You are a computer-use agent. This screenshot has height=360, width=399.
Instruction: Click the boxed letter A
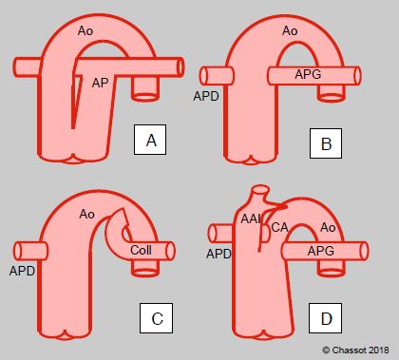coord(150,140)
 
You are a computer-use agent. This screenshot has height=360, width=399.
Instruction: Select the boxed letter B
coord(326,143)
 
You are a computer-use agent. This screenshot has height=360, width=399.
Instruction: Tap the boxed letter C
coord(157,318)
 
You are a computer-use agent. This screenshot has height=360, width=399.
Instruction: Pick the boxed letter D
coord(326,318)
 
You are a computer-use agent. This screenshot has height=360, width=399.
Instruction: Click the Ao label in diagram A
coord(85,31)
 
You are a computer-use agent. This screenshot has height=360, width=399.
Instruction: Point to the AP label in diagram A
coord(101,83)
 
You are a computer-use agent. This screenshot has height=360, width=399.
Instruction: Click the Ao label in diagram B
coord(290,31)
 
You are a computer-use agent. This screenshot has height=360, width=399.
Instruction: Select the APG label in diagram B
coord(308,74)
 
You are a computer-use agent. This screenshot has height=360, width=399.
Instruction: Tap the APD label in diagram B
coord(206,96)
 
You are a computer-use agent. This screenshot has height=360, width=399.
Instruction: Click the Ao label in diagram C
coord(87,214)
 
